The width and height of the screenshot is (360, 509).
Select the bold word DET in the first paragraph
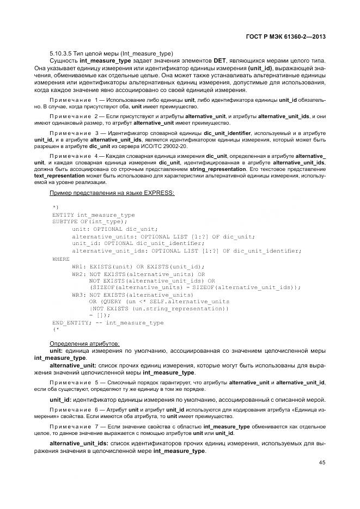pyautogui.click(x=220, y=62)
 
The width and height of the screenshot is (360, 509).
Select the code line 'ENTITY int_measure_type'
pyautogui.click(x=93, y=216)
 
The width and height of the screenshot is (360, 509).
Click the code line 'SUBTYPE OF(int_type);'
pyautogui.click(x=89, y=222)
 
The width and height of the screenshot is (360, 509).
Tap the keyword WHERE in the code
pyautogui.click(x=60, y=259)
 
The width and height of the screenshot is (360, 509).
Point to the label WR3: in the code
pyautogui.click(x=80, y=294)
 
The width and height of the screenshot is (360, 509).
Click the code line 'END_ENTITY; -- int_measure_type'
pyautogui.click(x=107, y=322)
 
